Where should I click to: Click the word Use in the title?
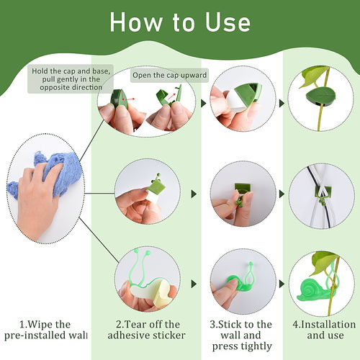[228, 22]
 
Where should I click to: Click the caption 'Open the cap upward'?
[169, 75]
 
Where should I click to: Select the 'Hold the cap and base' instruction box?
[71, 79]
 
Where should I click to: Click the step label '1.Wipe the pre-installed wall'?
[45, 330]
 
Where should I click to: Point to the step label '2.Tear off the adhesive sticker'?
[146, 330]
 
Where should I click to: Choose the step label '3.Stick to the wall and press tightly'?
[241, 336]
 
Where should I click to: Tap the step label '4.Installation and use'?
[324, 330]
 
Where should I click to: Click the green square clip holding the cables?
[323, 192]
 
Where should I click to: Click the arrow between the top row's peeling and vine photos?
[282, 104]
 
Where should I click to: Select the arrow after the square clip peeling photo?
[194, 194]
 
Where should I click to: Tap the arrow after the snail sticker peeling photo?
[194, 284]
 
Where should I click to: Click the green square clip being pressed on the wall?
[243, 189]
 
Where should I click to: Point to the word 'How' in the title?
[135, 22]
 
